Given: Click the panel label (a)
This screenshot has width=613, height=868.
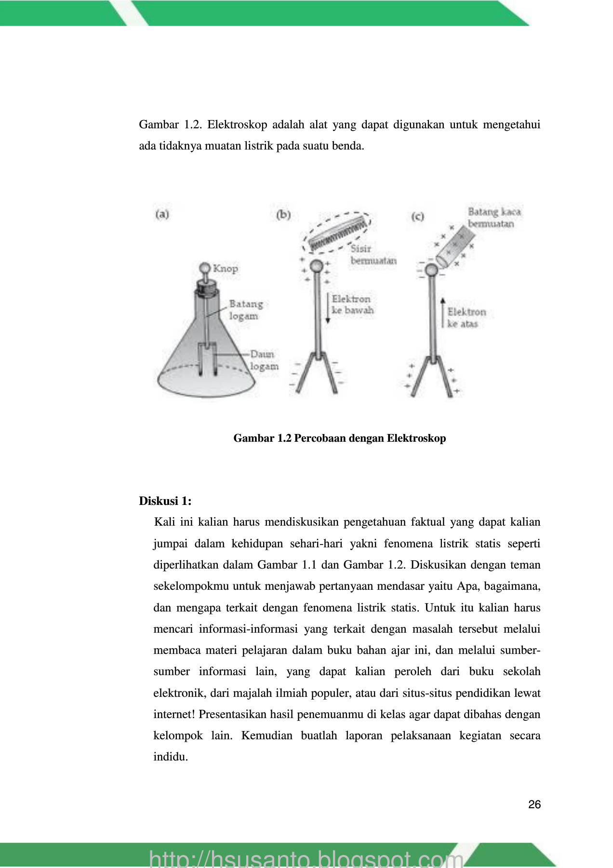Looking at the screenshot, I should tap(162, 214).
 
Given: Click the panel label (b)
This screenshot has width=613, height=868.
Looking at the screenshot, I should tap(283, 215).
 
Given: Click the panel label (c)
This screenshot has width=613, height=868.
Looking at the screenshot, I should tap(417, 216).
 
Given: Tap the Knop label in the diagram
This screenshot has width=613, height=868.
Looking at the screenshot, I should tap(226, 269).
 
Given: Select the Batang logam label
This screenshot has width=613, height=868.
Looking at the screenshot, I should tap(245, 310).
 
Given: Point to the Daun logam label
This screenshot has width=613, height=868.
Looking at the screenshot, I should tap(264, 360).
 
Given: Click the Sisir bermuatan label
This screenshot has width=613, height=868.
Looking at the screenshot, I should tap(373, 255).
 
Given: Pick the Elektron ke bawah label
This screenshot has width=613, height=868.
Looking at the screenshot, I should tap(352, 305).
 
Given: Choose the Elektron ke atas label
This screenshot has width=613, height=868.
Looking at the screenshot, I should tap(466, 318).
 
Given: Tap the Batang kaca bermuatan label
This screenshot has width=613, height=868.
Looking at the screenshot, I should tap(494, 217).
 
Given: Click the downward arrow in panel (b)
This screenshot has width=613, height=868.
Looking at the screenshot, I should tap(328, 309).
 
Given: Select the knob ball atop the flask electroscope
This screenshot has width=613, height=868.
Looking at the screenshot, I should tap(205, 268).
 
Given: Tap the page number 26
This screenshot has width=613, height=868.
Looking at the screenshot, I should tap(534, 804).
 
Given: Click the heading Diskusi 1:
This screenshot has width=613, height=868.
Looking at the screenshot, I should tap(165, 501).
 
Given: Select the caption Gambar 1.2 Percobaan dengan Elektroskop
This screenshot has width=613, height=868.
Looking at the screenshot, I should tap(339, 438).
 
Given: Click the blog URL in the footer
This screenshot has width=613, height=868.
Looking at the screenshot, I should tap(306, 858).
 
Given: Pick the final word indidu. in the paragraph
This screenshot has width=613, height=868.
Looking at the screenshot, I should tap(171, 757).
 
